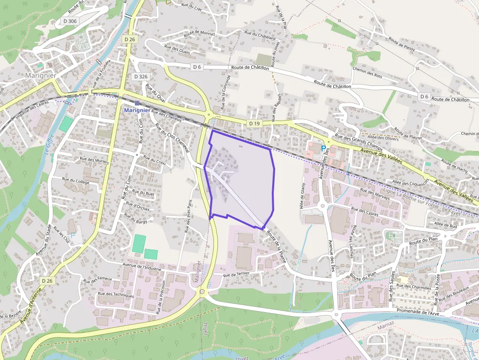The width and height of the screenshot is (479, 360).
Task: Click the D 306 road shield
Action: (70, 21)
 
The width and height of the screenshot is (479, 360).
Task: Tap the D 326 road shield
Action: (140, 77)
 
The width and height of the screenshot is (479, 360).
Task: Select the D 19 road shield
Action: (254, 124)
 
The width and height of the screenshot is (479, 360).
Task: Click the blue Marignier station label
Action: (137, 110)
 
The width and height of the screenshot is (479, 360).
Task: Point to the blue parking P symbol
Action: (323, 148)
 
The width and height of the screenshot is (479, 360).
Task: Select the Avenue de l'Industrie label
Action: (142, 267)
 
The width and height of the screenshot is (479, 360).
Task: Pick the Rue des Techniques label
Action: (116, 295)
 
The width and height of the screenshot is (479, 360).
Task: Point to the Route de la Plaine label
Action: (276, 247)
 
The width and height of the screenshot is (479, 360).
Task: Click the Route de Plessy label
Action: (402, 43)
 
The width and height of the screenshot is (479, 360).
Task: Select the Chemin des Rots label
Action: (367, 72)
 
